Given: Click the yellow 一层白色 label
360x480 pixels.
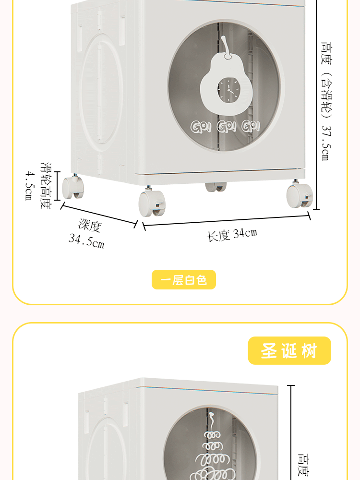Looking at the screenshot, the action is tap(184, 280).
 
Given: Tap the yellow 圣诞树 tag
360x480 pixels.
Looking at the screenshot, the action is tap(289, 351).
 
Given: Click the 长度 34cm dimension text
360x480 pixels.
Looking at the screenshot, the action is tap(232, 235).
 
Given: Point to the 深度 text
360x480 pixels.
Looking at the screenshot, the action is tap(90, 226).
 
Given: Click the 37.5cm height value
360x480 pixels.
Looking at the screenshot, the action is tap(325, 142).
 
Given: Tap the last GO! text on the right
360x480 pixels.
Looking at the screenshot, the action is tap(251, 127).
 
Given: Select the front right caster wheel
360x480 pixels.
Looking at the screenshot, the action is tap(300, 196).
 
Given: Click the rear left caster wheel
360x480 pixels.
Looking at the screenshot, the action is tap(72, 187).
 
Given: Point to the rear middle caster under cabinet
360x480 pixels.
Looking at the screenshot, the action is tap(216, 187).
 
